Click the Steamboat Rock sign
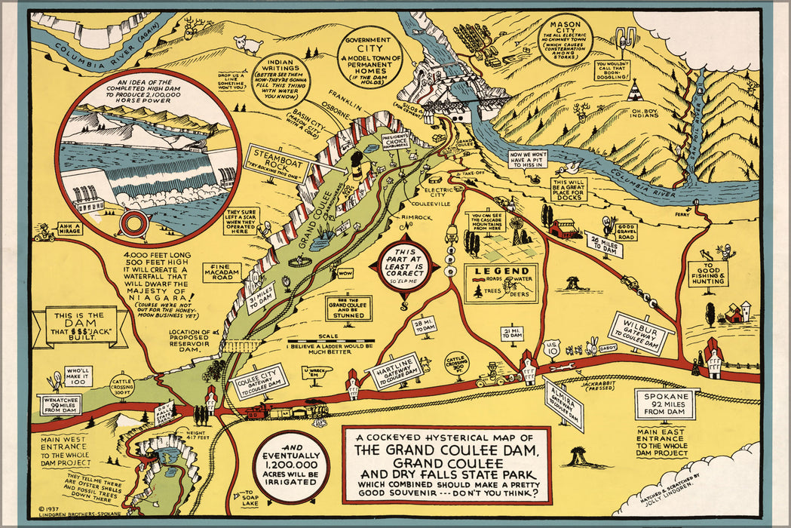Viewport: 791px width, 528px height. tap(274, 159)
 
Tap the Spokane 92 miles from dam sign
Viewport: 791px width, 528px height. tap(666, 404)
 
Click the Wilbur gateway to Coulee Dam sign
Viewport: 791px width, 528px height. tap(639, 333)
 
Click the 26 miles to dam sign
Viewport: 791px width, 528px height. tap(604, 244)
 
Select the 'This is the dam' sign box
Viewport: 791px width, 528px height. tap(81, 326)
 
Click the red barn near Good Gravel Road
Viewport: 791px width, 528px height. tap(565, 226)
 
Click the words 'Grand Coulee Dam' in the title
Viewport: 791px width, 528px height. tap(446, 452)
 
